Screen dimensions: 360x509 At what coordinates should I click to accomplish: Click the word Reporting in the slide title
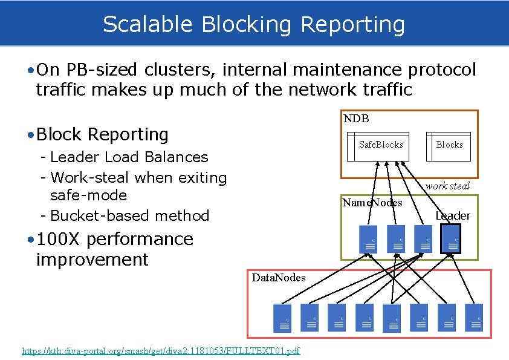pyautogui.click(x=352, y=25)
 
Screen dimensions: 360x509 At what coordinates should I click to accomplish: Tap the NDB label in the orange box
pyautogui.click(x=356, y=119)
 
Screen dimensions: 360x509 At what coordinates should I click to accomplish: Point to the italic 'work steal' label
pyautogui.click(x=447, y=186)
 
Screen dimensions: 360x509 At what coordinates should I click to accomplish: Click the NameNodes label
pyautogui.click(x=372, y=203)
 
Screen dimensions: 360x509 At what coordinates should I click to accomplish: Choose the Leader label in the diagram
pyautogui.click(x=453, y=216)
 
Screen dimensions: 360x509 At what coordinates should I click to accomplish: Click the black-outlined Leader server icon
pyautogui.click(x=450, y=238)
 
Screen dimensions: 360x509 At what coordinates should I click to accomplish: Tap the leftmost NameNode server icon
pyautogui.click(x=368, y=239)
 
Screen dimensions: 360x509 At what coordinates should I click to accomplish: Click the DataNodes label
pyautogui.click(x=279, y=278)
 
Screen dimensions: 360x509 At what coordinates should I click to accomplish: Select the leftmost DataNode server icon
pyautogui.click(x=282, y=318)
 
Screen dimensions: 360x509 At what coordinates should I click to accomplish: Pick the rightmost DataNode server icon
pyautogui.click(x=474, y=318)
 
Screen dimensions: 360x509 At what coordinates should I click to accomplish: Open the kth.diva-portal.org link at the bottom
pyautogui.click(x=161, y=351)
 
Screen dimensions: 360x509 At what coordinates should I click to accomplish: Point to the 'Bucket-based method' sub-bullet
pyautogui.click(x=129, y=215)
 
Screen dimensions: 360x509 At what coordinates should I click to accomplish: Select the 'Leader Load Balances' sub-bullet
pyautogui.click(x=129, y=157)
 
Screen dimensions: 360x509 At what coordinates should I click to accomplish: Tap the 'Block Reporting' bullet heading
pyautogui.click(x=102, y=134)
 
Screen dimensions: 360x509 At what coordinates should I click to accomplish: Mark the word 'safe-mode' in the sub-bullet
pyautogui.click(x=88, y=195)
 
